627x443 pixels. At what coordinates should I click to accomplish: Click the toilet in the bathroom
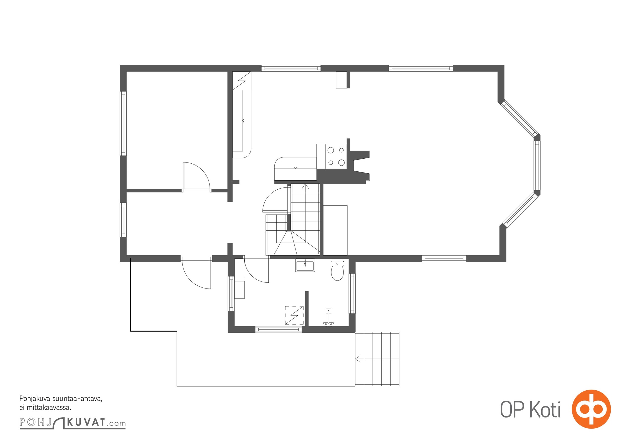pos(337,271)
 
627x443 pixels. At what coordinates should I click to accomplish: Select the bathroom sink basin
pos(305,265)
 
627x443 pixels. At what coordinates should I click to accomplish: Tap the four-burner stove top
pos(332,156)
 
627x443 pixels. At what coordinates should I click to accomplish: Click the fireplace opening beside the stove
pos(361,166)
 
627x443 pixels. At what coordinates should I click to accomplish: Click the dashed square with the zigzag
pos(294,315)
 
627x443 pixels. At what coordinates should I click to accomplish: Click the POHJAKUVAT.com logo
pos(73,423)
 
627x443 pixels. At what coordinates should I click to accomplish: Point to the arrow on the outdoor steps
pos(358,359)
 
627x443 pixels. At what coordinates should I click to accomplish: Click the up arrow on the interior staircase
pos(305,186)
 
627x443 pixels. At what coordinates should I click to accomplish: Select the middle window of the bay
pos(537,166)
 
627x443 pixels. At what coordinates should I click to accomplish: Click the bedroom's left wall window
pos(123,123)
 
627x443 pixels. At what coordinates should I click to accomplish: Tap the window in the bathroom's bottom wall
pos(278,329)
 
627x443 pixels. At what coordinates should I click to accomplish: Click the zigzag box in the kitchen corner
pos(242,81)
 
